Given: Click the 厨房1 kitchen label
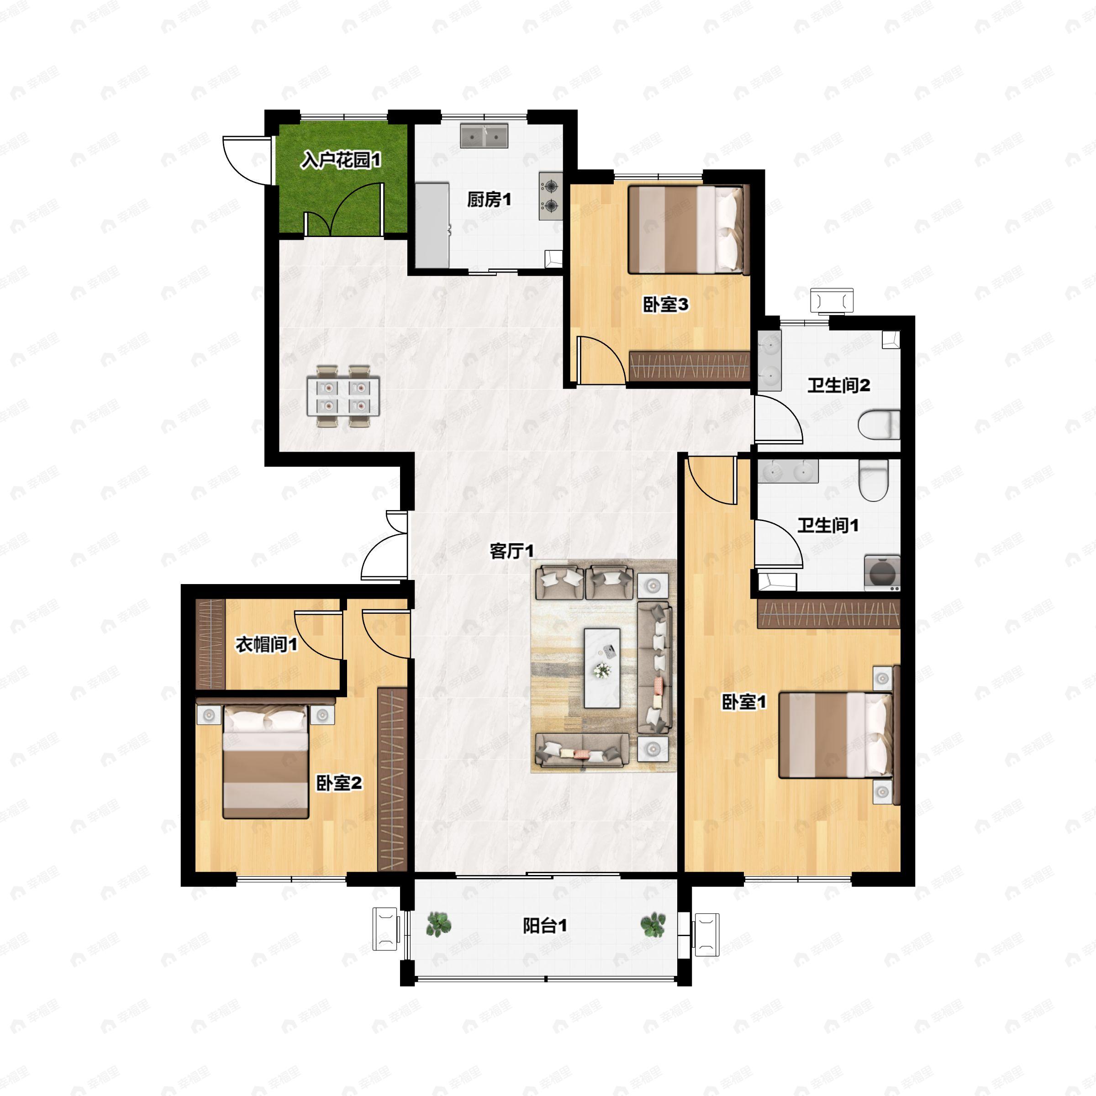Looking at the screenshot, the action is tap(489, 200).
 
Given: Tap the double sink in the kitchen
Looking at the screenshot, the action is tap(484, 136).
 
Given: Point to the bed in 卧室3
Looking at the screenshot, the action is tap(686, 230).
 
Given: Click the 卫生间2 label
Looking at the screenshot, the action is tap(838, 386).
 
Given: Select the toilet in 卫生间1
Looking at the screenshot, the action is tap(873, 480).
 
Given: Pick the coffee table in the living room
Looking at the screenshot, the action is tap(602, 668).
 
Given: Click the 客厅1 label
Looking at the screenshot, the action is tap(511, 551).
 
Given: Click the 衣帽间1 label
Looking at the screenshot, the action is tap(266, 645).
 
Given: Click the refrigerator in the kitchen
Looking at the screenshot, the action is tap(432, 224).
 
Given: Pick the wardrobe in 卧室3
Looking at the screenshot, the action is tap(689, 366).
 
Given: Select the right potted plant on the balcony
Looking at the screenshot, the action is tap(653, 924).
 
